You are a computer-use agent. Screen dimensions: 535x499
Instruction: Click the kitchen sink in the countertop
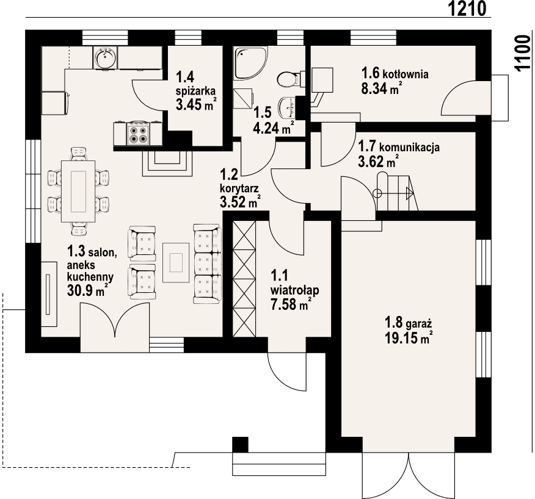pyautogui.click(x=106, y=58)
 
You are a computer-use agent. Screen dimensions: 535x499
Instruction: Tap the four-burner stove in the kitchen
pyautogui.click(x=139, y=134)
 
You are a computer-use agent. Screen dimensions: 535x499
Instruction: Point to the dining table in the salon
pyautogui.click(x=78, y=191)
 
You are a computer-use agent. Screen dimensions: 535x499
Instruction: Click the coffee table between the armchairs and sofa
pyautogui.click(x=176, y=262)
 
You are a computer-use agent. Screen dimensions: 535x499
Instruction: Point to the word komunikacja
pyautogui.click(x=409, y=148)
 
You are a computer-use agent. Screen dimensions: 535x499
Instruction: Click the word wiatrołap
pyautogui.click(x=295, y=290)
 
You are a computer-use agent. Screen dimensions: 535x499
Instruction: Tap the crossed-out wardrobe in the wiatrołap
pyautogui.click(x=244, y=278)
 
